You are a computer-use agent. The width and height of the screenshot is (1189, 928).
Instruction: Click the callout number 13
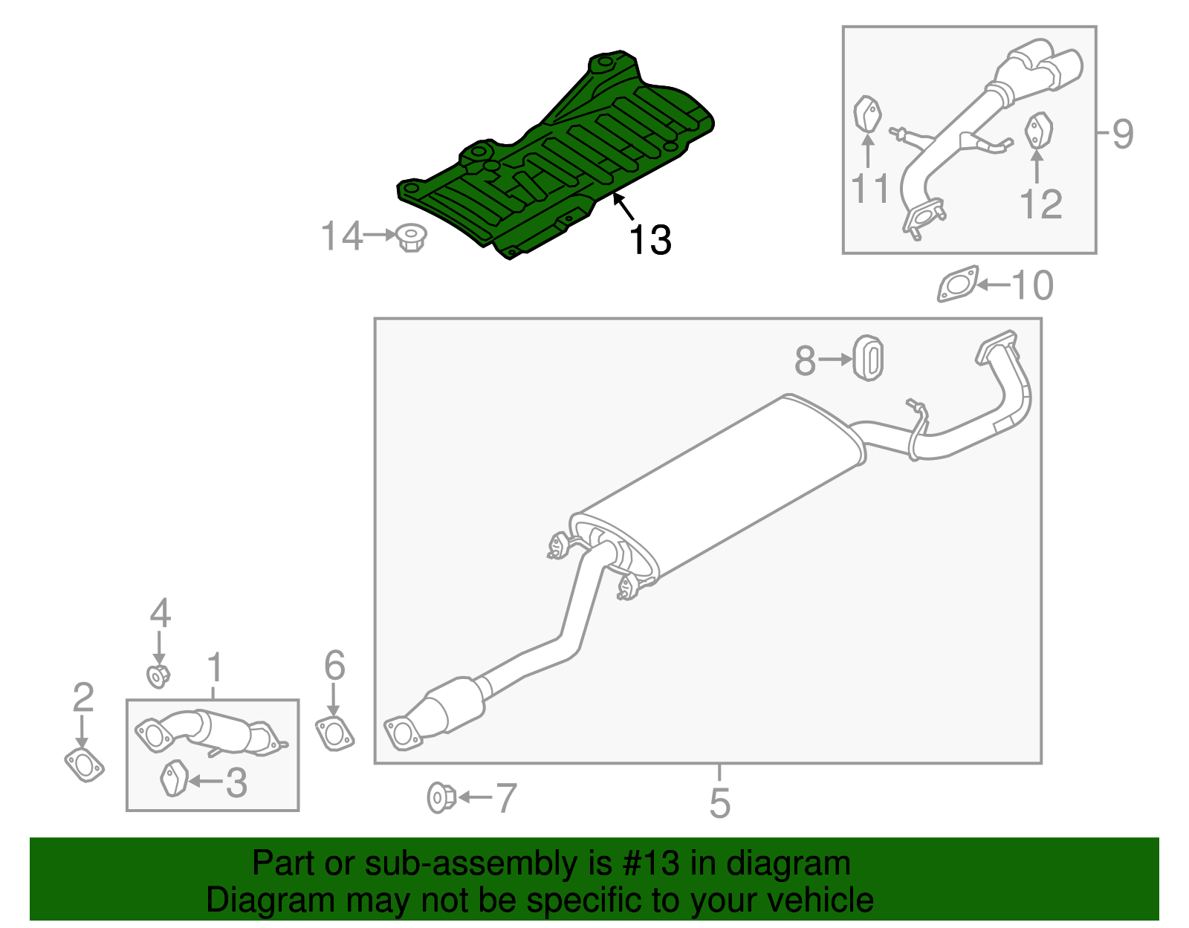point(650,240)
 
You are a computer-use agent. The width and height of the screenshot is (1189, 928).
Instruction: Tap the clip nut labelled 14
point(411,238)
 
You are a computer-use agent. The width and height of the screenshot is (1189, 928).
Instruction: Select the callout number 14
point(341,236)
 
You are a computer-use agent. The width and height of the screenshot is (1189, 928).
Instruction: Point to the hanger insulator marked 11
point(866,115)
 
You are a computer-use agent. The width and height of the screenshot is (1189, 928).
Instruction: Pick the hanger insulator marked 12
point(1038,131)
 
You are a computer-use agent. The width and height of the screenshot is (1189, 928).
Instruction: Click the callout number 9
point(1123,134)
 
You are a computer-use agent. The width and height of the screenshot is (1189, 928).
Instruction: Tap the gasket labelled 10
point(958,285)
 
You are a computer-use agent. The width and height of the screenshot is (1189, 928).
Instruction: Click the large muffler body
point(721,490)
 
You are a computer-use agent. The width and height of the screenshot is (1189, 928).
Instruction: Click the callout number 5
point(719,803)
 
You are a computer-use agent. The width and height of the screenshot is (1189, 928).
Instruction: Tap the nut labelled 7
point(441,797)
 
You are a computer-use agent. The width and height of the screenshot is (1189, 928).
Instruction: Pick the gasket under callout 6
point(334,733)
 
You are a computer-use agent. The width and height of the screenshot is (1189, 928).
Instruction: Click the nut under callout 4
point(158,676)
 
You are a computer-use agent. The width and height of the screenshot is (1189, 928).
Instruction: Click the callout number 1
point(215,667)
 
